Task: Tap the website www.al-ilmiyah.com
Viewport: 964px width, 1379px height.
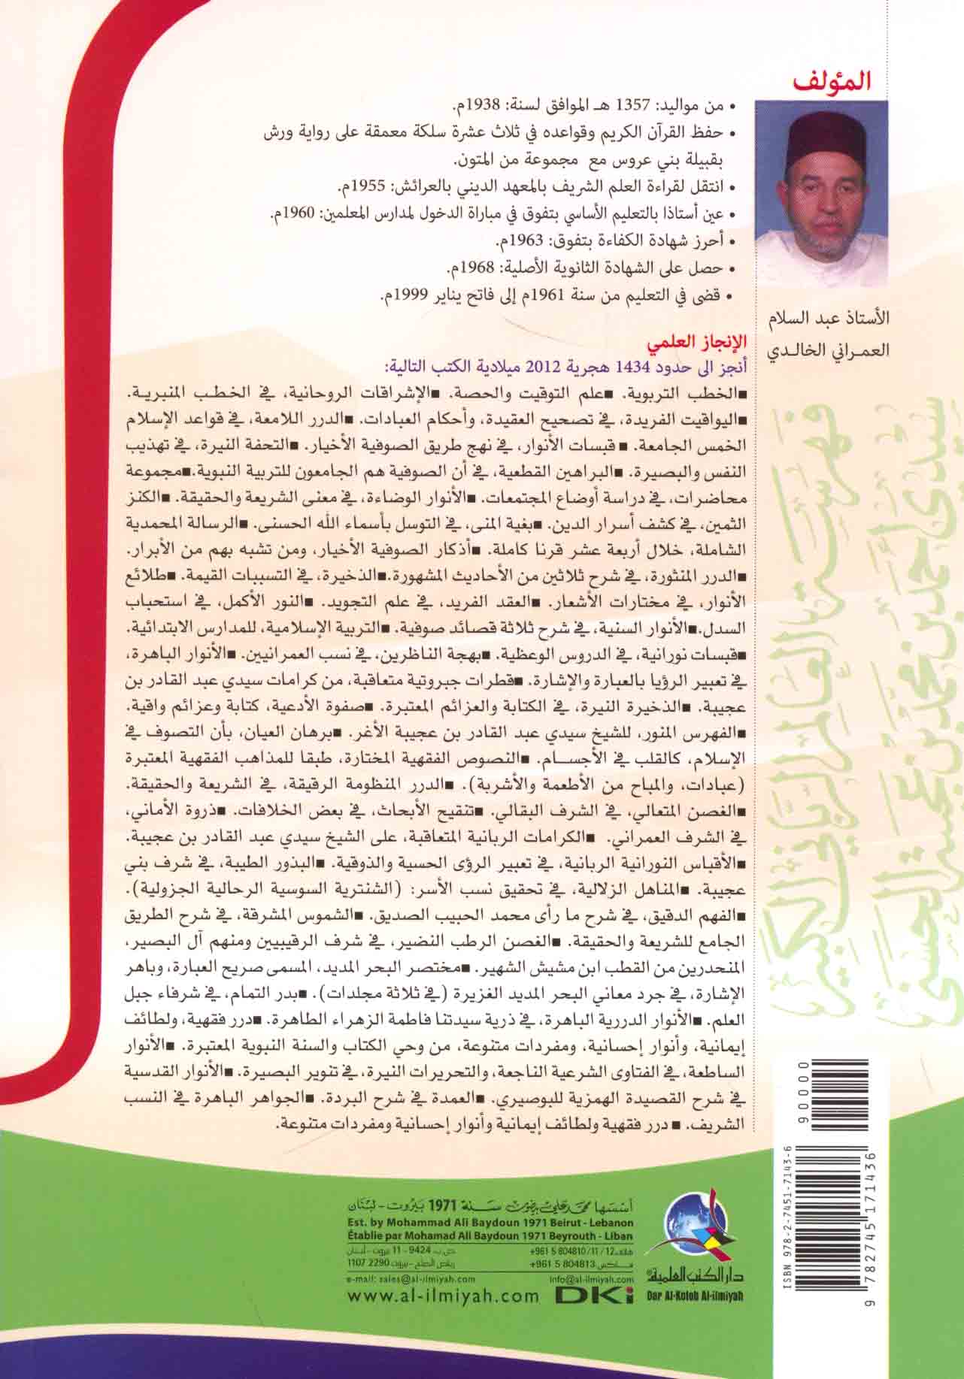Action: tap(444, 1295)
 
